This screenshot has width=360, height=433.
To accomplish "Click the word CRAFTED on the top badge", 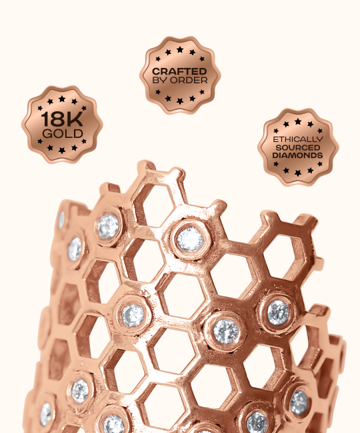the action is click(179, 71).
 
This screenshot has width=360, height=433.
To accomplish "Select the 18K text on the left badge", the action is click(62, 119).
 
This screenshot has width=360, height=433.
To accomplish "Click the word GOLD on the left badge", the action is click(63, 134).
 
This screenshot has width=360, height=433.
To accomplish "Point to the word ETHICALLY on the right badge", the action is click(298, 139).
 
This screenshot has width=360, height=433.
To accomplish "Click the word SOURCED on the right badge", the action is click(298, 147).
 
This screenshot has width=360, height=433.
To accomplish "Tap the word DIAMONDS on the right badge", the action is click(297, 155).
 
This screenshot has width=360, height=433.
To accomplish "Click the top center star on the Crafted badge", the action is click(180, 50).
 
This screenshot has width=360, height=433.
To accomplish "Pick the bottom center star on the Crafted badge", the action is click(180, 101).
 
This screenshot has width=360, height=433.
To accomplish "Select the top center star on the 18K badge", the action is click(62, 99).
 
